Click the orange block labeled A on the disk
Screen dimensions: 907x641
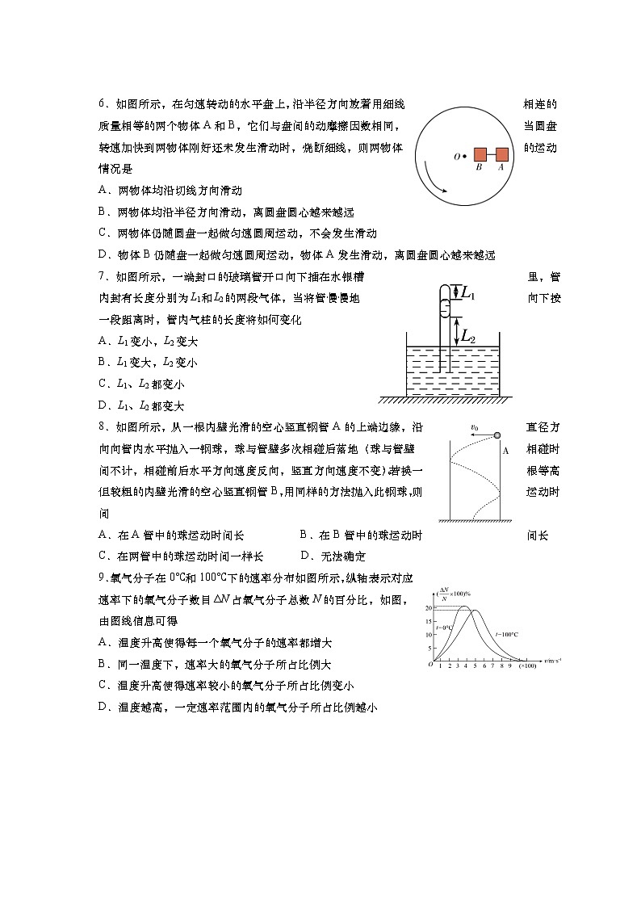click(x=501, y=154)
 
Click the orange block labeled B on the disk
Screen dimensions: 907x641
click(x=480, y=154)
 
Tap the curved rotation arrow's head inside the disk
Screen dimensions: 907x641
click(x=444, y=194)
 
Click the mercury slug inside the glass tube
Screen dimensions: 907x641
click(x=443, y=309)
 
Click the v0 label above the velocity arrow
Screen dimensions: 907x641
click(x=475, y=428)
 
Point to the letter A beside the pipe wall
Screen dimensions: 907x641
click(x=505, y=451)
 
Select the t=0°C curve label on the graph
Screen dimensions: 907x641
click(x=443, y=628)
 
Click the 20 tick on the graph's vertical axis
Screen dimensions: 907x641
click(x=430, y=607)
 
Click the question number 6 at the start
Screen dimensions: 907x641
click(x=103, y=105)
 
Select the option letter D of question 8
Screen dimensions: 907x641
click(x=305, y=556)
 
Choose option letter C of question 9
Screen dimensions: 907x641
click(x=103, y=686)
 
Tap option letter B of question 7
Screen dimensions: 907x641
click(x=103, y=362)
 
